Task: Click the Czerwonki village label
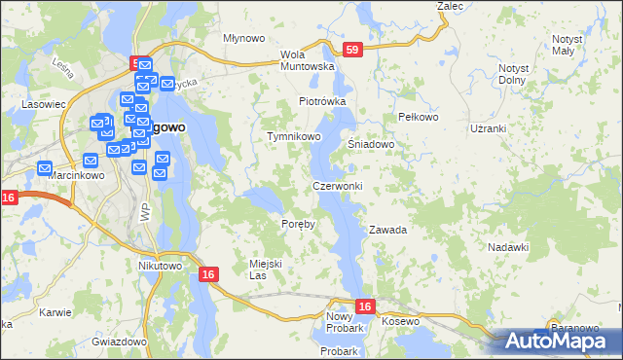[x=338, y=186]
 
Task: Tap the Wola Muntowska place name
[x=307, y=60]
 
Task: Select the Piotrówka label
[x=322, y=101]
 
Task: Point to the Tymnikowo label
[x=294, y=137]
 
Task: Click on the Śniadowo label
[x=371, y=144]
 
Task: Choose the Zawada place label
[x=386, y=231]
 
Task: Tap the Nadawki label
[x=509, y=248]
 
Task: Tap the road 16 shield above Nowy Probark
[x=364, y=306]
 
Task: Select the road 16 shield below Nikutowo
[x=208, y=275]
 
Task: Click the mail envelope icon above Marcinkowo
[x=46, y=167]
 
